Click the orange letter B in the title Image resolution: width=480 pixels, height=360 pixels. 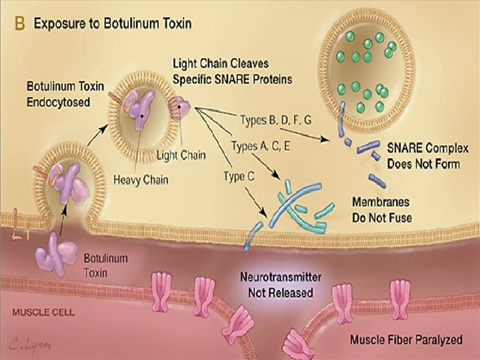(19, 24)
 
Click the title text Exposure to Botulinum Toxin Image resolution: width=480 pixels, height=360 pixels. (113, 24)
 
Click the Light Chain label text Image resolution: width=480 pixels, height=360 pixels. (181, 155)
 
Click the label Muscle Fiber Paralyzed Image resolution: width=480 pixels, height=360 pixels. (406, 339)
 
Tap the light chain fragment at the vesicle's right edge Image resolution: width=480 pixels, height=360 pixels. (181, 105)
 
